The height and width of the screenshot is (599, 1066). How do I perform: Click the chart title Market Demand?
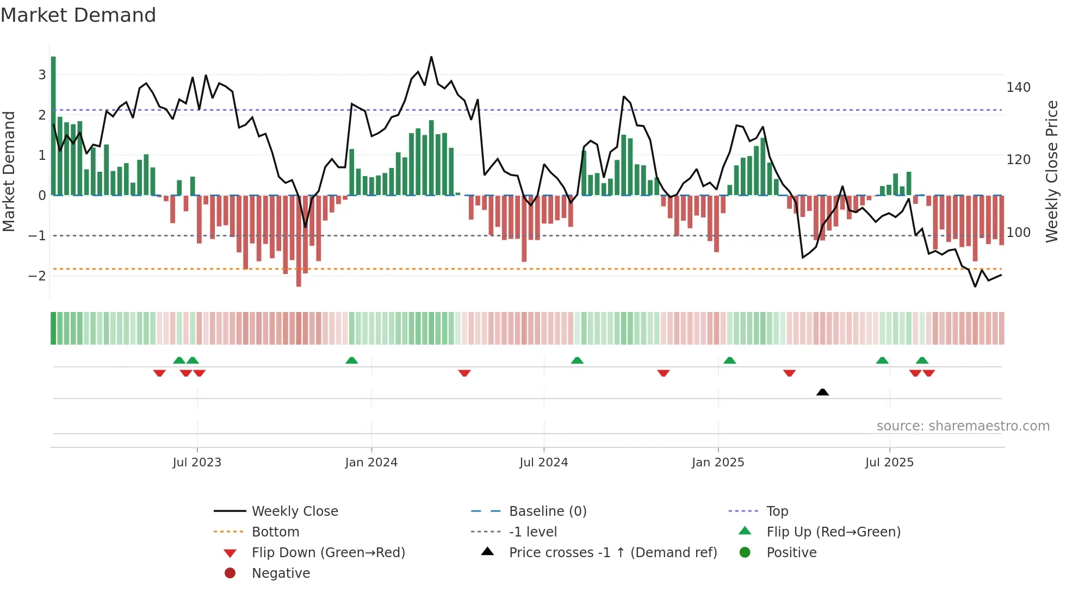pyautogui.click(x=78, y=15)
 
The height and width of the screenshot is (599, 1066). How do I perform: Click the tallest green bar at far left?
pyautogui.click(x=53, y=125)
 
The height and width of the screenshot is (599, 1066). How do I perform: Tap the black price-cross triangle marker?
pyautogui.click(x=822, y=392)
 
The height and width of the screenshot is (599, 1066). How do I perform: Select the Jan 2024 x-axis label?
pyautogui.click(x=371, y=463)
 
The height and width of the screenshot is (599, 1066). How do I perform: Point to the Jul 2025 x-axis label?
pyautogui.click(x=889, y=463)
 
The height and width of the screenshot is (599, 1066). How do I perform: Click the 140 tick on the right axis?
pyautogui.click(x=1018, y=88)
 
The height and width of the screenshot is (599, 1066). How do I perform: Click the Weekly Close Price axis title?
pyautogui.click(x=1052, y=171)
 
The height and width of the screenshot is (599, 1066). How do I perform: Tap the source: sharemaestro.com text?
pyautogui.click(x=963, y=426)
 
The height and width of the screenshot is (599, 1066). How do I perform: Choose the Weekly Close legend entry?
pyautogui.click(x=294, y=511)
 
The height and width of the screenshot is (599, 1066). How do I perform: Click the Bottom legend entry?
pyautogui.click(x=275, y=532)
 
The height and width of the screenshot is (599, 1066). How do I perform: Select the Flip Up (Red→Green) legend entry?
pyautogui.click(x=833, y=532)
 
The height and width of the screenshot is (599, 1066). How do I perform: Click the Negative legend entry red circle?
pyautogui.click(x=230, y=573)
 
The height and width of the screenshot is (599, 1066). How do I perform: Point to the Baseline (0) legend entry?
pyautogui.click(x=547, y=511)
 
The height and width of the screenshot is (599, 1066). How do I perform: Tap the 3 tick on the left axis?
pyautogui.click(x=42, y=75)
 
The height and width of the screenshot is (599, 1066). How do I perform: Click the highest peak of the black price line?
pyautogui.click(x=431, y=57)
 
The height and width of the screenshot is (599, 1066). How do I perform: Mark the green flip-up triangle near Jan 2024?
pyautogui.click(x=352, y=360)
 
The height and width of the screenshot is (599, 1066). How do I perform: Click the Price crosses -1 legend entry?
pyautogui.click(x=612, y=553)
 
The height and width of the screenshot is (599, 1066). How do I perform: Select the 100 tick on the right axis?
pyautogui.click(x=1018, y=233)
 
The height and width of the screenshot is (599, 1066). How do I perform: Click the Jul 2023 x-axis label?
pyautogui.click(x=197, y=463)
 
